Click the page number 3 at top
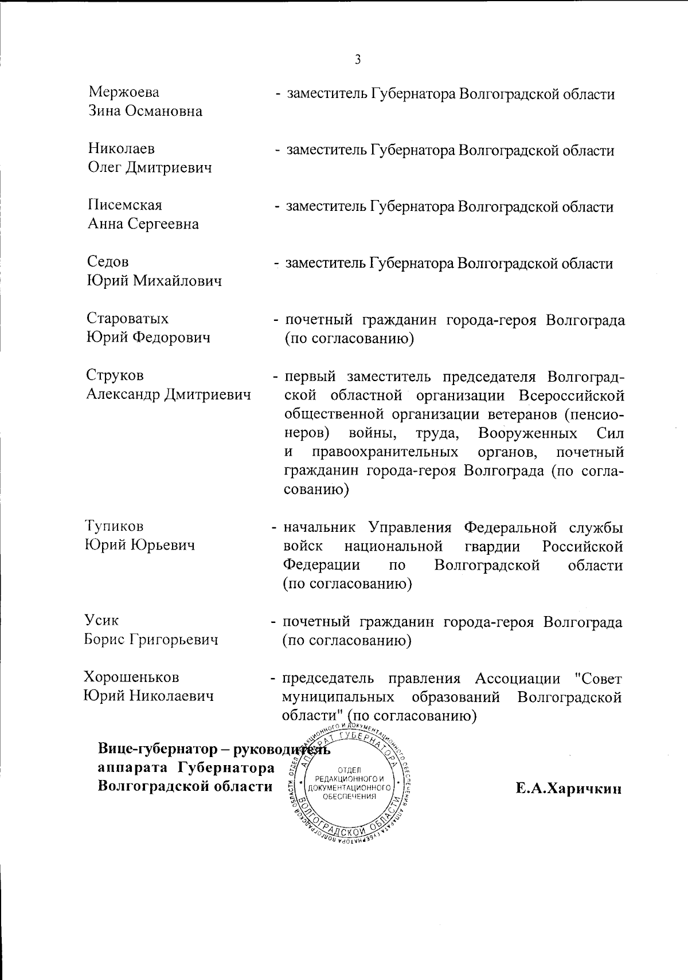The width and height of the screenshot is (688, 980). click(x=358, y=59)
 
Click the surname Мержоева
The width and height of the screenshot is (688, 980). click(x=124, y=92)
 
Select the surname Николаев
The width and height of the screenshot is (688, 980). click(x=122, y=149)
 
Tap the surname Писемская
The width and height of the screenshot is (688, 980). click(x=125, y=205)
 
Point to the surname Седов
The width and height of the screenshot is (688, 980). click(x=108, y=262)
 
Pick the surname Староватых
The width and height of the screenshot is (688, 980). click(x=128, y=318)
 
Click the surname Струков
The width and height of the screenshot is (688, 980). click(x=115, y=375)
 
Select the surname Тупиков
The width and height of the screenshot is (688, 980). click(x=114, y=526)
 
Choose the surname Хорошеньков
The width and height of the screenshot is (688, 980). click(x=131, y=677)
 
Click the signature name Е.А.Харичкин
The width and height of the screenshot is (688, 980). click(x=568, y=789)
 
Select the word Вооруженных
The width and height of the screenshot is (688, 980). click(x=528, y=433)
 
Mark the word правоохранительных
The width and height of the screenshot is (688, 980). click(x=385, y=452)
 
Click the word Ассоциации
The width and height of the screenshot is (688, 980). click(x=517, y=679)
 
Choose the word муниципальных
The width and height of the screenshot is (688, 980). click(x=338, y=697)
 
